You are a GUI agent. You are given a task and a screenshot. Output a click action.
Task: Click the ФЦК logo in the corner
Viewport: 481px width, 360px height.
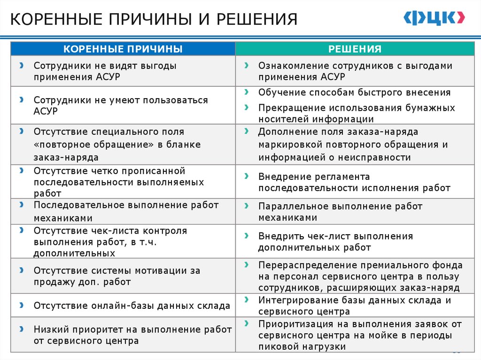tap(434, 18)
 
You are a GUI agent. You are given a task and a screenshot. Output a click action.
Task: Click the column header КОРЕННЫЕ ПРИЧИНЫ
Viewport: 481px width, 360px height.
tap(123, 49)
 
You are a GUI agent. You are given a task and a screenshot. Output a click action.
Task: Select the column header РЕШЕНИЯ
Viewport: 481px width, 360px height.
tap(355, 49)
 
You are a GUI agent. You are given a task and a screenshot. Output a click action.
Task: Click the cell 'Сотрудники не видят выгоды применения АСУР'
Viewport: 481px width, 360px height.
tap(123, 71)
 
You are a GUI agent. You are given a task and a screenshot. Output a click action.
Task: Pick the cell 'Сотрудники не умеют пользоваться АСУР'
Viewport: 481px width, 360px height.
tap(123, 106)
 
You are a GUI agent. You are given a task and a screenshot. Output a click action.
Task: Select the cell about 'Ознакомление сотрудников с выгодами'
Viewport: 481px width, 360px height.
tap(355, 71)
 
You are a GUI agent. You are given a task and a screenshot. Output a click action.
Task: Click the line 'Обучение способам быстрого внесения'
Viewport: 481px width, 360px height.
tap(354, 92)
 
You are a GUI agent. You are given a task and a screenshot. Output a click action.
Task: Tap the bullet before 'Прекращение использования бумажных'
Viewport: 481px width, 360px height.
tap(246, 107)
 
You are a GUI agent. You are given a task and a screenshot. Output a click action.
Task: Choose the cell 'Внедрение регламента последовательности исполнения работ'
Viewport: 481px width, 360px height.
tap(355, 183)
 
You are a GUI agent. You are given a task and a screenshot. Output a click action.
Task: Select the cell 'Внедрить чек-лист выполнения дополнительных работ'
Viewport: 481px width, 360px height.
tap(355, 242)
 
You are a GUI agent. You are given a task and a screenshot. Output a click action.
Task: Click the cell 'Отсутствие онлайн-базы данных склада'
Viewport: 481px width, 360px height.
tap(123, 306)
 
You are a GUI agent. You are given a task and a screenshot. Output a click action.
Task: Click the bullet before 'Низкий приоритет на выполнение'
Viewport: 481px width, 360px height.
tap(22, 329)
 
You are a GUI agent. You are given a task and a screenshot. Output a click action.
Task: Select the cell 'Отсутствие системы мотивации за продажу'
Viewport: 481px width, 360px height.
tap(123, 276)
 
